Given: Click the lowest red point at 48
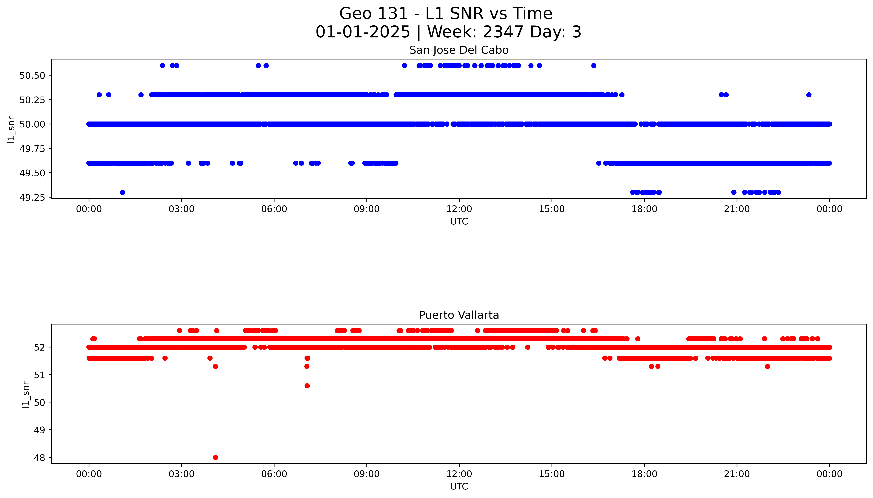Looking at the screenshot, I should click(x=215, y=457).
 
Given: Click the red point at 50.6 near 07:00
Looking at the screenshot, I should click(x=307, y=386).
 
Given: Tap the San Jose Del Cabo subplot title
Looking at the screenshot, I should click(x=459, y=50).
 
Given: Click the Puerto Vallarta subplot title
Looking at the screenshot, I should click(x=459, y=315).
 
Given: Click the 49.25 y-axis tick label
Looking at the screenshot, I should click(x=32, y=198).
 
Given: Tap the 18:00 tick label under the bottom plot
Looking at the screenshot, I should click(x=644, y=474).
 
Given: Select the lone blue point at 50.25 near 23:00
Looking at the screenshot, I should click(x=809, y=95).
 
